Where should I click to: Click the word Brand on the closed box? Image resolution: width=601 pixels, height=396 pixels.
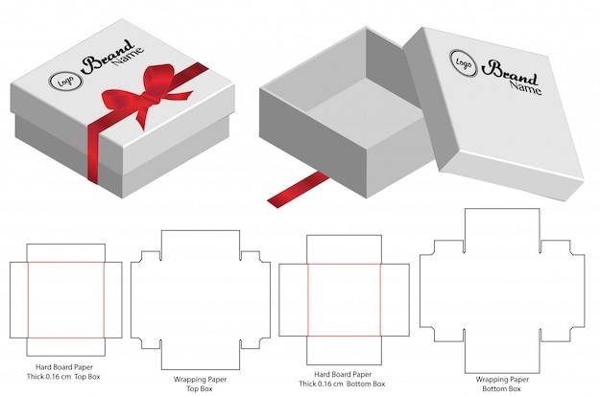[x=108, y=57]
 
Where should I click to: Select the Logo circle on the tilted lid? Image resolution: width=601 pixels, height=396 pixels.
[x=464, y=63]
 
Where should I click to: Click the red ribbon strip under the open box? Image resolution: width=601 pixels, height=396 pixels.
[x=298, y=190]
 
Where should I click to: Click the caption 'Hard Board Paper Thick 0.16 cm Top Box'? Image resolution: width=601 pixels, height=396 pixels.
[x=63, y=372]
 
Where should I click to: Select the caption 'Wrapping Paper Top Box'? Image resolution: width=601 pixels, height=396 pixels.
[x=200, y=384]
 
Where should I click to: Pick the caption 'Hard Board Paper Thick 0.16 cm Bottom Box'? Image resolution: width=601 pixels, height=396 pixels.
[x=342, y=379]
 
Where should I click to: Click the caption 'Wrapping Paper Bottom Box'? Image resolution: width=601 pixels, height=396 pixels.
[x=502, y=384]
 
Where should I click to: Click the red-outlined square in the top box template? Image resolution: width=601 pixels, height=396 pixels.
[x=66, y=300]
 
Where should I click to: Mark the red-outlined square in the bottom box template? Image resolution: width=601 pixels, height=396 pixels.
[x=344, y=300]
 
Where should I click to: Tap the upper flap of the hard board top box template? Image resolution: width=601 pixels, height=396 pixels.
[x=66, y=253]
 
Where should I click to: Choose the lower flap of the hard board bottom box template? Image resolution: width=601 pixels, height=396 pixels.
[x=345, y=350]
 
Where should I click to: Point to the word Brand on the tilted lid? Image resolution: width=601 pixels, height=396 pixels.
[x=509, y=72]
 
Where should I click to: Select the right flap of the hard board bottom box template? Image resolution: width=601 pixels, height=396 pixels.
[x=396, y=300]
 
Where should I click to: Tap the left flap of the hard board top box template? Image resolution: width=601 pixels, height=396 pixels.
[x=19, y=300]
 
